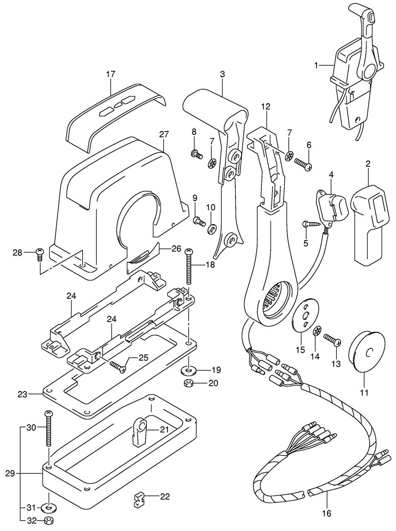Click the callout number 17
point(110,74)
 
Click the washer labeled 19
point(187,369)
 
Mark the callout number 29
point(12,473)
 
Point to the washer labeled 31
point(49,508)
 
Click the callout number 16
point(326,513)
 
